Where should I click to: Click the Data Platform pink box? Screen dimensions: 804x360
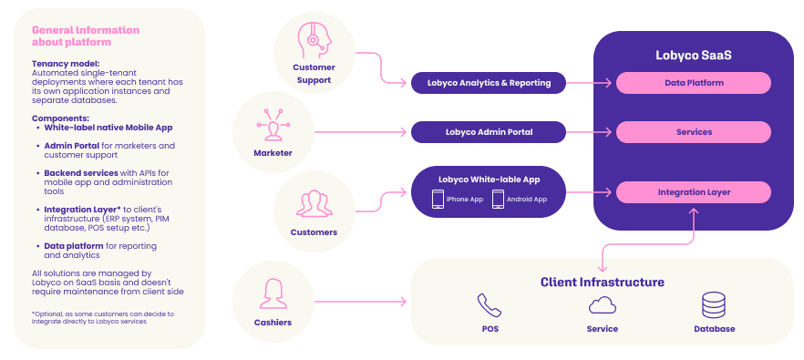pyautogui.click(x=693, y=83)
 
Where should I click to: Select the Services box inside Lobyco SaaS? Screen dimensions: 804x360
pyautogui.click(x=693, y=132)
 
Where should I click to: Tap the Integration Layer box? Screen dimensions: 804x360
pyautogui.click(x=693, y=192)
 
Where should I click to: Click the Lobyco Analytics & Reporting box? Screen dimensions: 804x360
pyautogui.click(x=489, y=83)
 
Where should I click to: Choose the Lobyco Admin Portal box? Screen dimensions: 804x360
pyautogui.click(x=489, y=132)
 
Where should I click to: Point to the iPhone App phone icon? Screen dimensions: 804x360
pyautogui.click(x=438, y=199)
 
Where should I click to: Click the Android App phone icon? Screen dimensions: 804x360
pyautogui.click(x=498, y=199)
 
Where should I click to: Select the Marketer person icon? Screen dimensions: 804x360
pyautogui.click(x=273, y=124)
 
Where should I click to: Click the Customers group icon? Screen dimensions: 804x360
pyautogui.click(x=314, y=203)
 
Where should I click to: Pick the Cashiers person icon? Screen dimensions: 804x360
pyautogui.click(x=273, y=293)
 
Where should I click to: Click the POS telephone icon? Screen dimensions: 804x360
pyautogui.click(x=490, y=305)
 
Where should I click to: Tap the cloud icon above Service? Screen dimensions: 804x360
pyautogui.click(x=602, y=305)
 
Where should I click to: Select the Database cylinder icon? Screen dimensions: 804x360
pyautogui.click(x=714, y=305)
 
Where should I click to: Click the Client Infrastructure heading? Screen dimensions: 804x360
pyautogui.click(x=602, y=282)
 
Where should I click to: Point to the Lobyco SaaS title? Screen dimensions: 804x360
pyautogui.click(x=693, y=55)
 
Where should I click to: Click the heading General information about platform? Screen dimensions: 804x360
pyautogui.click(x=86, y=36)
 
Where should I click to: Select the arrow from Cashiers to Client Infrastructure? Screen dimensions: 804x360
pyautogui.click(x=360, y=302)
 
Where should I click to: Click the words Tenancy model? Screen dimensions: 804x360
pyautogui.click(x=66, y=64)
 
